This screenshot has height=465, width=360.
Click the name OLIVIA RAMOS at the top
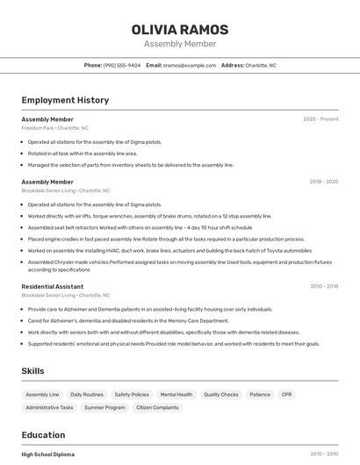[179, 30]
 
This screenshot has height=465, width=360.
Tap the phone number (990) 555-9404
[122, 65]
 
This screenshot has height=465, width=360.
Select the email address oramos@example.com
[188, 65]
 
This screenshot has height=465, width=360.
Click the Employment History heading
[65, 100]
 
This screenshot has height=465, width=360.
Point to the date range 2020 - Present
[320, 118]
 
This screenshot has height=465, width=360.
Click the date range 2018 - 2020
[323, 182]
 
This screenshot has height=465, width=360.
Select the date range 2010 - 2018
[323, 286]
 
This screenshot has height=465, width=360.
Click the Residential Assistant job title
[53, 286]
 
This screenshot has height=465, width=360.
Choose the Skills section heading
[33, 371]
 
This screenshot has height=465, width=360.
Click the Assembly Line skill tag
[42, 395]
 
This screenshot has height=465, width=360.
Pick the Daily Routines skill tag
[87, 395]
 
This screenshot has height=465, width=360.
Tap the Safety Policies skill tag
[132, 395]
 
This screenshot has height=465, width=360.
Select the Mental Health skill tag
[176, 395]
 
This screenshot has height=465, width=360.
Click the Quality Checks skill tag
[221, 395]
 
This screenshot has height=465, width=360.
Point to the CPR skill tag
[286, 395]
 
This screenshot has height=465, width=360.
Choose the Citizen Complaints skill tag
[157, 407]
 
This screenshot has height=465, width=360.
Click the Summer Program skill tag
[105, 407]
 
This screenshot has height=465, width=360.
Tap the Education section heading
[43, 435]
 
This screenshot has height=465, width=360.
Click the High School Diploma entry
[47, 454]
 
